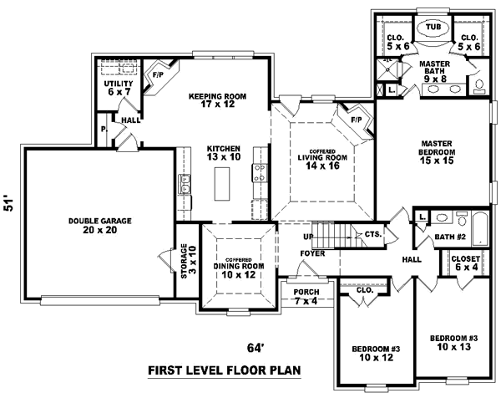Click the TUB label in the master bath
[x=433, y=27]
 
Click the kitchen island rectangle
[x=223, y=183]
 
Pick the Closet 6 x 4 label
[x=464, y=264]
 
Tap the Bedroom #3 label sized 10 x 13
[x=453, y=343]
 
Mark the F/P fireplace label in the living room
[x=356, y=120]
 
